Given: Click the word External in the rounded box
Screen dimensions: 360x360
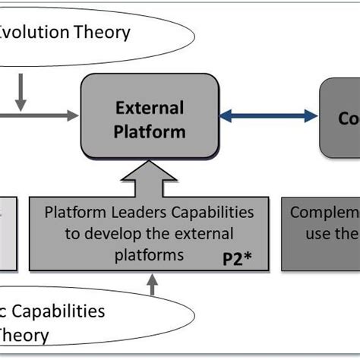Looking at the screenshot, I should pyautogui.click(x=149, y=109).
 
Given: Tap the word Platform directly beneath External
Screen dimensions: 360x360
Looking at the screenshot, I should pyautogui.click(x=149, y=131).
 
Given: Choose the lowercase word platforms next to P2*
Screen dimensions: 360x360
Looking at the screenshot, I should pyautogui.click(x=148, y=254).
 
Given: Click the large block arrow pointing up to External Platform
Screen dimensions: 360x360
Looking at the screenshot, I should pyautogui.click(x=149, y=177).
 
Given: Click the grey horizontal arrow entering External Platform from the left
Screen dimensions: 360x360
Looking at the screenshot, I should pyautogui.click(x=46, y=115).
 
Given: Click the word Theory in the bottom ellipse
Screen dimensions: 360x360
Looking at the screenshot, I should pyautogui.click(x=25, y=335).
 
